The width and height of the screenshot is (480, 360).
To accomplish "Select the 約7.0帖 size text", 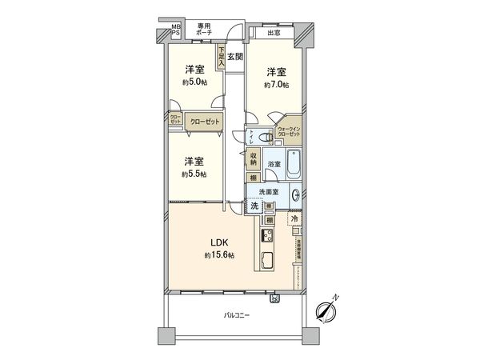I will pyautogui.click(x=278, y=84).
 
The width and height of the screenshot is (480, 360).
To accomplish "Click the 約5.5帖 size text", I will pyautogui.click(x=194, y=174).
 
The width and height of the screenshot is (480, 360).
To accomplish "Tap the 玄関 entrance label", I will pyautogui.click(x=234, y=56).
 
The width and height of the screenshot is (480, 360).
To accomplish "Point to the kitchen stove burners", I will pyautogui.click(x=266, y=236).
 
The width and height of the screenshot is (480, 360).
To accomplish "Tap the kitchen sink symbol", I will pyautogui.click(x=266, y=261).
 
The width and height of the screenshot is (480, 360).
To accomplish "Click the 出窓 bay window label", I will pyautogui.click(x=274, y=33).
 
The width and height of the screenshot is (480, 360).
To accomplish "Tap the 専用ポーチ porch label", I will pyautogui.click(x=204, y=30).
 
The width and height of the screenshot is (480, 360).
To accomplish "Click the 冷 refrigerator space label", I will pyautogui.click(x=294, y=218).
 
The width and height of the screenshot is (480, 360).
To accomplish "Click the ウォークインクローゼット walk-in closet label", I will pyautogui.click(x=289, y=132).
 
